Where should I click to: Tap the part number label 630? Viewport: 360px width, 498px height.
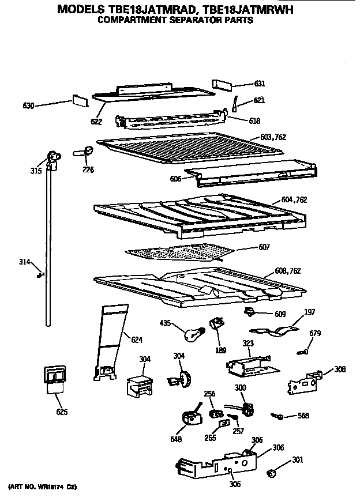pyautogui.click(x=29, y=105)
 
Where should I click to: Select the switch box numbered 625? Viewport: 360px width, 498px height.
pyautogui.click(x=55, y=378)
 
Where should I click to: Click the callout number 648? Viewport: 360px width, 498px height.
pyautogui.click(x=176, y=440)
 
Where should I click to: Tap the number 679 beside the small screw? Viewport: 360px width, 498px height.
pyautogui.click(x=315, y=333)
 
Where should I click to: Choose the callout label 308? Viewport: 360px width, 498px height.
pyautogui.click(x=340, y=369)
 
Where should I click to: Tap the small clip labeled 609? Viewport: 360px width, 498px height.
pyautogui.click(x=249, y=312)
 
